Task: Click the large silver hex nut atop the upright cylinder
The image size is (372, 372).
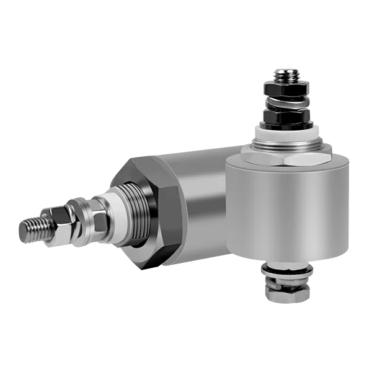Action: coord(286,154)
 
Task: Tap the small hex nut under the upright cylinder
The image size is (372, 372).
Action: coord(286,295)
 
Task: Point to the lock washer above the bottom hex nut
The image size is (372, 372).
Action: coord(286,283)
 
